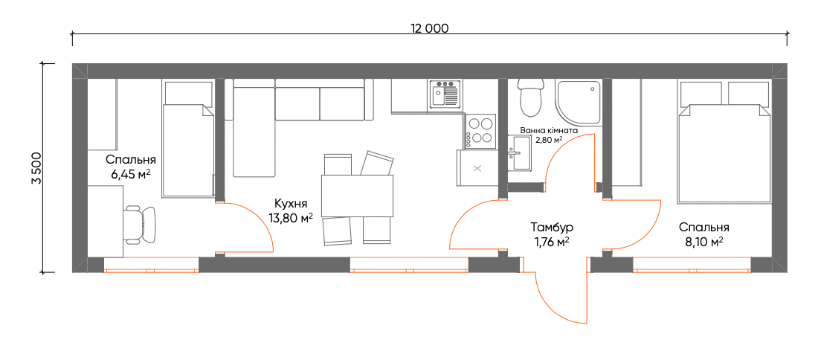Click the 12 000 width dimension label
pyautogui.click(x=429, y=29)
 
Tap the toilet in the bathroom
pyautogui.click(x=532, y=97)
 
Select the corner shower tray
pyautogui.click(x=579, y=100)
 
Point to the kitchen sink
pyautogui.click(x=445, y=94)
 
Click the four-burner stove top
pyautogui.click(x=479, y=130)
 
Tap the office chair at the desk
pyautogui.click(x=140, y=225)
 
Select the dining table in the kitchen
pyautogui.click(x=358, y=196)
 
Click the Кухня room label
pyautogui.click(x=291, y=204)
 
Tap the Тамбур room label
pyautogui.click(x=552, y=228)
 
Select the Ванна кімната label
pyautogui.click(x=550, y=130)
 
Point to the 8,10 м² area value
pyautogui.click(x=703, y=242)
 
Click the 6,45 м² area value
pyautogui.click(x=130, y=174)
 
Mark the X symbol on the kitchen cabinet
pyautogui.click(x=477, y=168)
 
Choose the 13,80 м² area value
pyautogui.click(x=291, y=218)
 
